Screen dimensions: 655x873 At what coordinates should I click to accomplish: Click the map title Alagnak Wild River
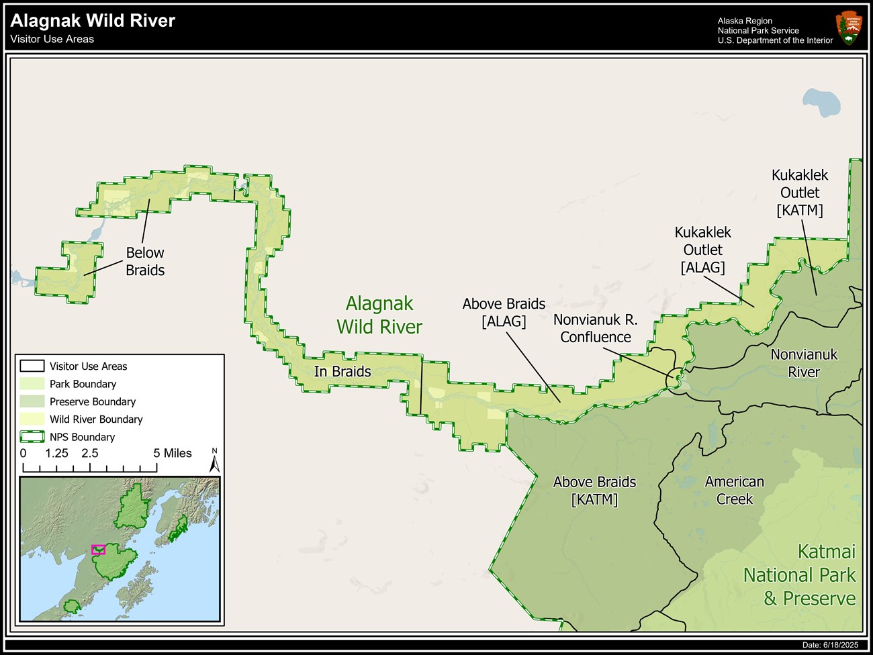click(x=93, y=21)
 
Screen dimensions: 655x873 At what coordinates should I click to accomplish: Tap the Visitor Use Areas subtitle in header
click(x=52, y=40)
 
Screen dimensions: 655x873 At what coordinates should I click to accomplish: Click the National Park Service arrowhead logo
click(x=849, y=28)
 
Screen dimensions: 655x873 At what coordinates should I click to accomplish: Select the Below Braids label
click(x=145, y=262)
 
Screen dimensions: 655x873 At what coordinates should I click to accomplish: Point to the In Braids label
click(x=342, y=372)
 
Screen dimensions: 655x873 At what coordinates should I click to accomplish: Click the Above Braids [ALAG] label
click(x=504, y=313)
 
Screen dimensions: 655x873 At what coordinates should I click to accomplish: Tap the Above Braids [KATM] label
click(x=594, y=491)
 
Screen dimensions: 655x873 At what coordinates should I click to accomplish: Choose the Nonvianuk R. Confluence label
click(x=596, y=329)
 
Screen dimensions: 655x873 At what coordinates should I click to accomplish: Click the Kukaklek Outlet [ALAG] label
click(x=702, y=250)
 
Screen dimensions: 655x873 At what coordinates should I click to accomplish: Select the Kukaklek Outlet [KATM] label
click(x=799, y=193)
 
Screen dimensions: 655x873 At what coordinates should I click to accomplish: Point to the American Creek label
click(x=734, y=491)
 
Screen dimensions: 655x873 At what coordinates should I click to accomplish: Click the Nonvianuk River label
click(x=804, y=363)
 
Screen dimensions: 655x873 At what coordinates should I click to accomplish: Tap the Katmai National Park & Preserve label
click(x=799, y=575)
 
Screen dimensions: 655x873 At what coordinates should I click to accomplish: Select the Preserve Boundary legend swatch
click(x=32, y=401)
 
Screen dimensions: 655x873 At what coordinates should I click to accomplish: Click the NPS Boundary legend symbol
click(x=32, y=437)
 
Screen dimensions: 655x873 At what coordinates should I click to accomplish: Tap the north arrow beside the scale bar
click(x=214, y=462)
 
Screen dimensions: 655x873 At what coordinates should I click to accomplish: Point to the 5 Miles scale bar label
click(x=172, y=454)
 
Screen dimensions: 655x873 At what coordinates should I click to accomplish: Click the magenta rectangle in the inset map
click(x=99, y=550)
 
